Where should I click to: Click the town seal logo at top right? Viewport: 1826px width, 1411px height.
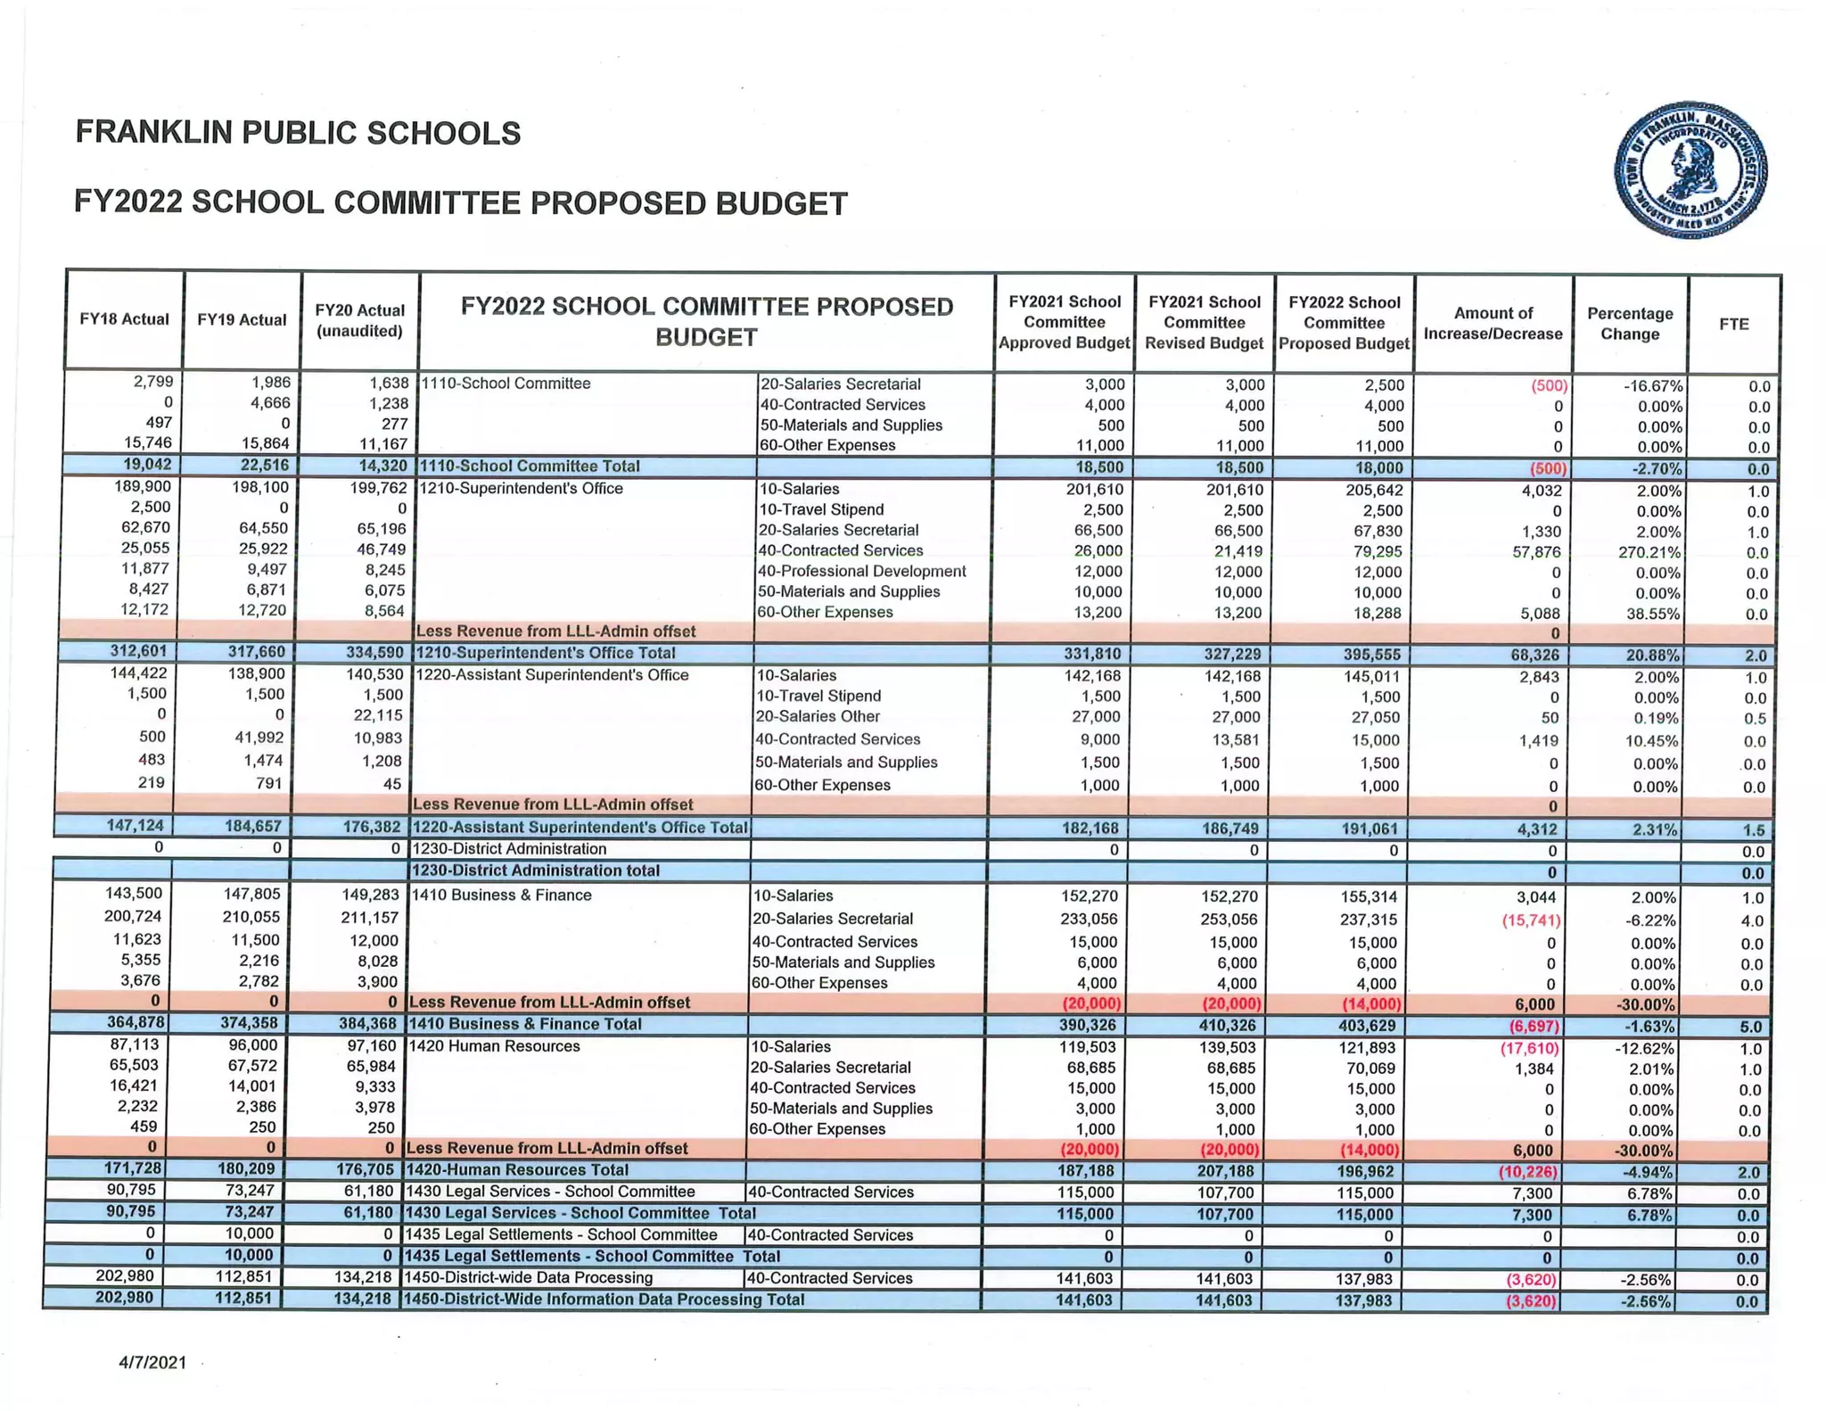coord(1690,169)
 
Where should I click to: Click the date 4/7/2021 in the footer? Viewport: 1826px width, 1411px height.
coord(152,1362)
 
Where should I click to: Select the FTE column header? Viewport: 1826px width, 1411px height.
coord(1733,324)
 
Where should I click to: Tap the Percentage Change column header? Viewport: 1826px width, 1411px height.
coord(1629,324)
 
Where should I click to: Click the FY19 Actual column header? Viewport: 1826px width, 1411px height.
coord(242,319)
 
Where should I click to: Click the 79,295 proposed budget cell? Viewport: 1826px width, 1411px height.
coord(1376,551)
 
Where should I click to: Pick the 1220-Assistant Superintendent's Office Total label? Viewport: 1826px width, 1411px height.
coord(580,827)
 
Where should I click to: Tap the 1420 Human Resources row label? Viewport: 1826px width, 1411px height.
coord(492,1046)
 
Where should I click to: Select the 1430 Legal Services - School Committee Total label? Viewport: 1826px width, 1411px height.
coord(580,1213)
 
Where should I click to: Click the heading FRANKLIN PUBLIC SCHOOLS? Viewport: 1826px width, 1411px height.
coord(298,132)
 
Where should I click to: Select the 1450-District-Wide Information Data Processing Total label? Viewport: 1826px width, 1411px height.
coord(604,1300)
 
